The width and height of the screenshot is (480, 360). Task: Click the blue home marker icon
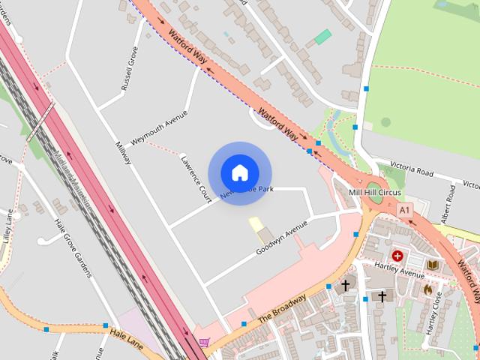coord(239,172)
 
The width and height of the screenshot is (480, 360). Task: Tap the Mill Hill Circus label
coord(375,193)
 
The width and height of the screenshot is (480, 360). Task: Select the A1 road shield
coord(405,211)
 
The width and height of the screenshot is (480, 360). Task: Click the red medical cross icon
coord(397,256)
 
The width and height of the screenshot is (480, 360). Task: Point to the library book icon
coord(433,264)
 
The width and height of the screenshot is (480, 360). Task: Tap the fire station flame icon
coord(427,289)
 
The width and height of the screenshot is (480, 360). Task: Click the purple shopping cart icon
coord(204,342)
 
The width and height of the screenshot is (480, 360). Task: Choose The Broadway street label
coord(283,307)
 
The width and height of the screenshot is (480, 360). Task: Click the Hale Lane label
coord(125,331)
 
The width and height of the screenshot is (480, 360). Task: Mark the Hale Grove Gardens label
coord(73,247)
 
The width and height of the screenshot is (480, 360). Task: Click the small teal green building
coord(322,37)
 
